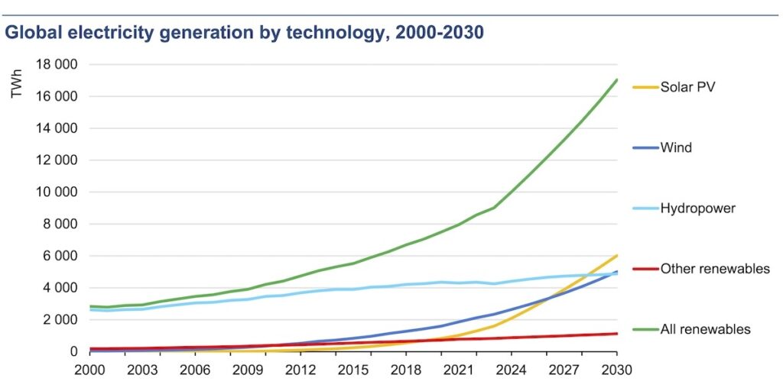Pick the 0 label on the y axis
pyautogui.click(x=73, y=351)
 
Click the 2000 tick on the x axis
pyautogui.click(x=89, y=370)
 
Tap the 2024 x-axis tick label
pyautogui.click(x=511, y=370)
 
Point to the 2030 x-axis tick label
pyautogui.click(x=616, y=370)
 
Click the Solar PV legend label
pyautogui.click(x=688, y=86)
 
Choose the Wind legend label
pyautogui.click(x=676, y=147)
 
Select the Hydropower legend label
pyautogui.click(x=698, y=208)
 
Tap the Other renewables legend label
pyautogui.click(x=715, y=269)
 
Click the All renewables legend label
pyautogui.click(x=706, y=330)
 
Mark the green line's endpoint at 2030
pyautogui.click(x=616, y=79)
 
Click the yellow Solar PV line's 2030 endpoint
pyautogui.click(x=616, y=256)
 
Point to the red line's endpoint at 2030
pyautogui.click(x=616, y=334)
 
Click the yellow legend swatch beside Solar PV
pyautogui.click(x=644, y=87)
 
